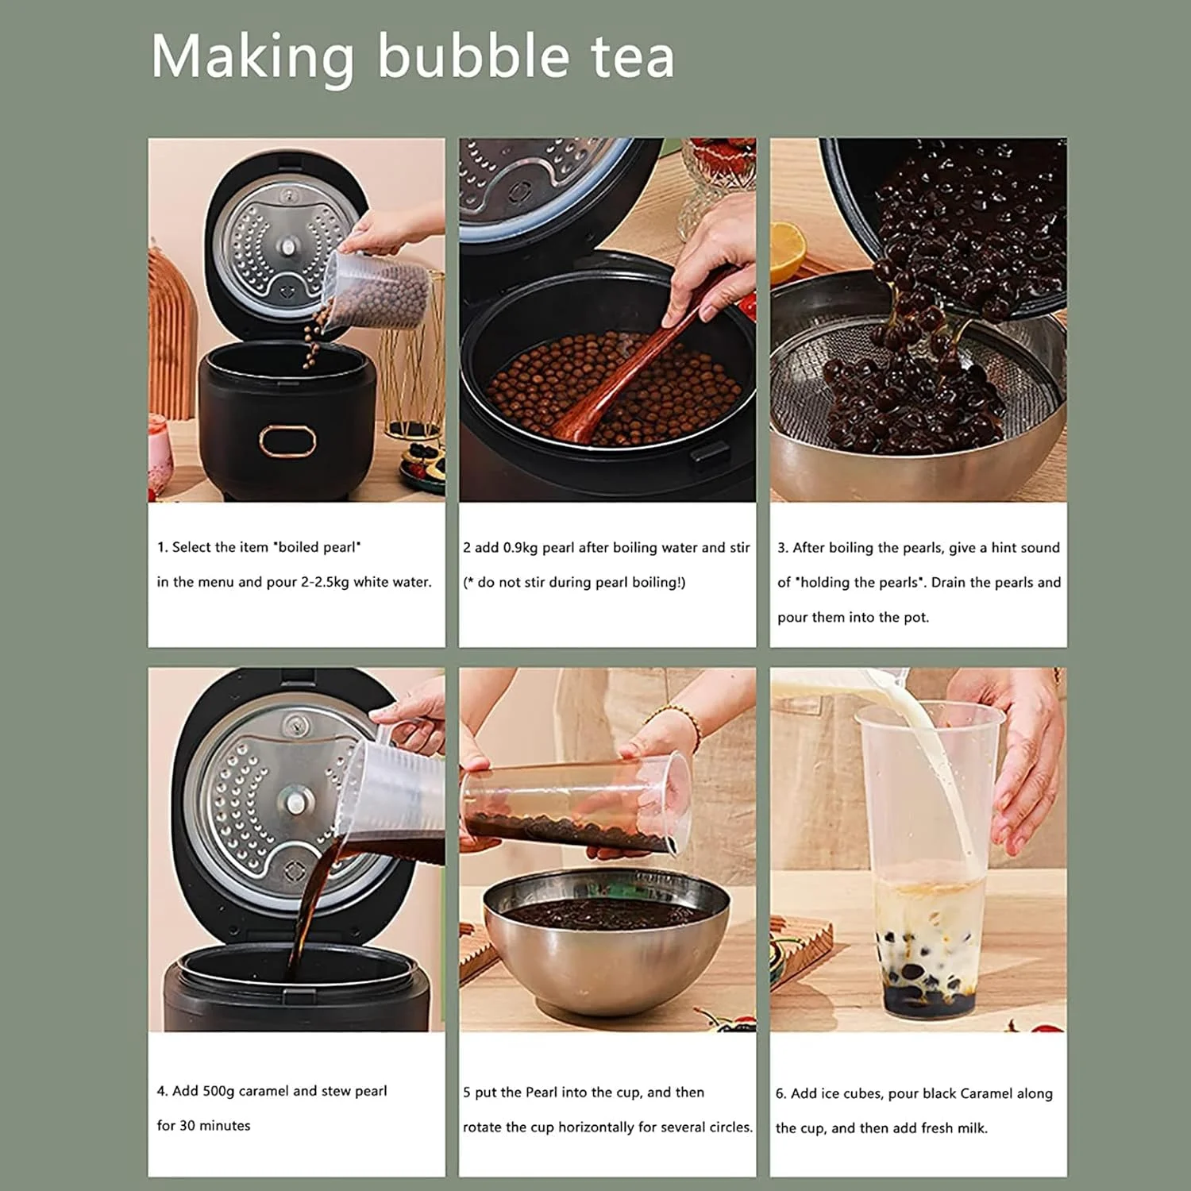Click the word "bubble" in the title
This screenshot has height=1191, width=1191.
click(x=473, y=56)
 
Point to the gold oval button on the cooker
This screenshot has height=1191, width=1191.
click(x=287, y=441)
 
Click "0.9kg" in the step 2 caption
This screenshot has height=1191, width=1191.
click(x=521, y=548)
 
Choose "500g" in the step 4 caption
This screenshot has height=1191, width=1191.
click(x=219, y=1091)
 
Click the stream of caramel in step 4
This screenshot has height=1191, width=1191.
click(x=310, y=913)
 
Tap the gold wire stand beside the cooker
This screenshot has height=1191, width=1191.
click(x=410, y=373)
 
